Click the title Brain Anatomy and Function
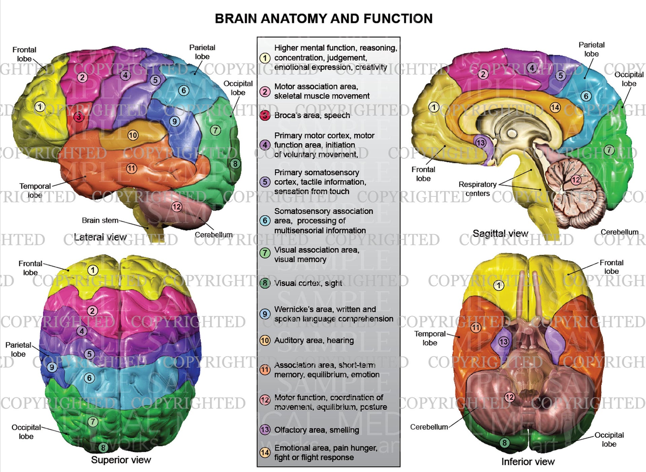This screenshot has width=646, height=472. pos(323,19)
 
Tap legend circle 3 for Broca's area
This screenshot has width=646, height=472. pos(265,115)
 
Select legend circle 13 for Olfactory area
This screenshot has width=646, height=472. pos(265,430)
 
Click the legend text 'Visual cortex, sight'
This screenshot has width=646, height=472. pos(308,283)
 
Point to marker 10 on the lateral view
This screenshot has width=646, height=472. pos(133,135)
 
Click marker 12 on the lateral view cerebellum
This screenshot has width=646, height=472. pos(177,207)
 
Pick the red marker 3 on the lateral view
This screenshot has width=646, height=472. pos(79,117)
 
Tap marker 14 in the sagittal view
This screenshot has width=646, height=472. pos(555,107)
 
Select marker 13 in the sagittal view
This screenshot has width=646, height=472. pos(481,143)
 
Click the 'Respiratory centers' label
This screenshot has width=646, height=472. pos(477,189)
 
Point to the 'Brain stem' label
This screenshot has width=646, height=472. pos(100,220)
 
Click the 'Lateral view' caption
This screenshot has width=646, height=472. pos(100,237)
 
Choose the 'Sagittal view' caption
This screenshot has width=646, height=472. pos(500,233)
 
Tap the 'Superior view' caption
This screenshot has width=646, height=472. pos(121,460)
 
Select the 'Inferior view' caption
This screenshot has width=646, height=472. pos(528,461)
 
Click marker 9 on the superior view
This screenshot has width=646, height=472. pos(51,367)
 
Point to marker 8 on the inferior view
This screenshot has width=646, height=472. pos(504,443)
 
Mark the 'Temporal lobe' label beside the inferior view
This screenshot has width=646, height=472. pos(430,338)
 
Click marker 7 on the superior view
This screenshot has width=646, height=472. pos(93,421)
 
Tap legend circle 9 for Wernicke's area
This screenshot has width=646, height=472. pos(265,314)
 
